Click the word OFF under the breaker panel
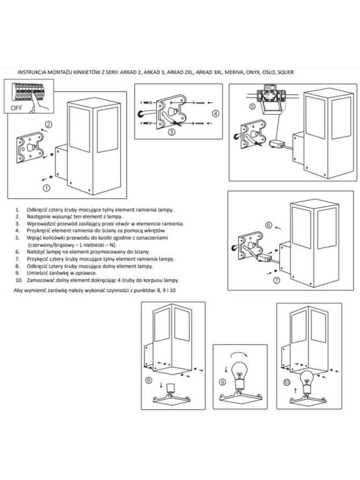[17, 108]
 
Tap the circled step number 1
[46, 188]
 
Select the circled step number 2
[48, 125]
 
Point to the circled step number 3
[172, 132]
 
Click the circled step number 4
[215, 113]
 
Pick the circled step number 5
[252, 107]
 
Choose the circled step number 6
[269, 225]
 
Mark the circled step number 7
[277, 280]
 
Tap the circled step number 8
[148, 380]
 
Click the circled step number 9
[223, 382]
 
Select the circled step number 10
[286, 383]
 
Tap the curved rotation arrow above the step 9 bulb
[239, 354]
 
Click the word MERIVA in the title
[235, 72]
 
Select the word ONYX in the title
[255, 72]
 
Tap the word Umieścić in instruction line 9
[36, 273]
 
